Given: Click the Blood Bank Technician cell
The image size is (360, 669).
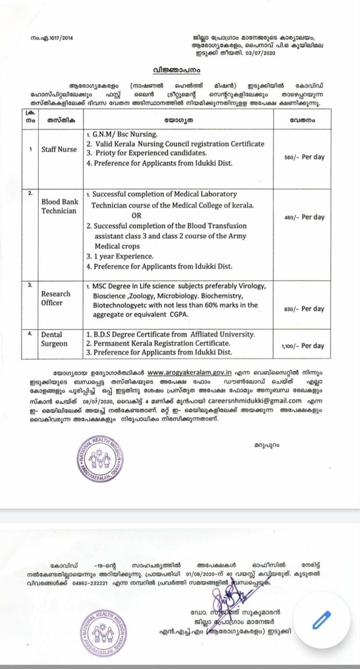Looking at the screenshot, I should pos(59,207).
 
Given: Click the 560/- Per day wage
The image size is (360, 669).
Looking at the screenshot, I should pos(309,157).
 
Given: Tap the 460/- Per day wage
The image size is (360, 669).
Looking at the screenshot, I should pos(309,216).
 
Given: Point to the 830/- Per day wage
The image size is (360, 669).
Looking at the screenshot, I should pos(309,309).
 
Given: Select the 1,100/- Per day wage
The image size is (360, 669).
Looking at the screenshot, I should pos(307,346).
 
